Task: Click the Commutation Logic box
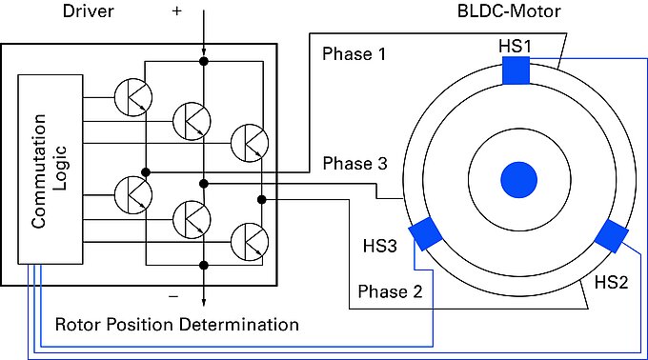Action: click(50, 170)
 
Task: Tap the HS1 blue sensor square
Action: click(516, 70)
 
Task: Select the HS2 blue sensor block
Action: click(611, 236)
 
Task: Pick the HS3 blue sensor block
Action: click(425, 233)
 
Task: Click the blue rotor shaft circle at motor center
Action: click(518, 180)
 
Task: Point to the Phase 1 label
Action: click(354, 54)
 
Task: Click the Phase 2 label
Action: click(390, 291)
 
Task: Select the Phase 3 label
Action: click(355, 164)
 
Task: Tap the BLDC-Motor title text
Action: click(509, 10)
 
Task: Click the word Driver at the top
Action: click(88, 10)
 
